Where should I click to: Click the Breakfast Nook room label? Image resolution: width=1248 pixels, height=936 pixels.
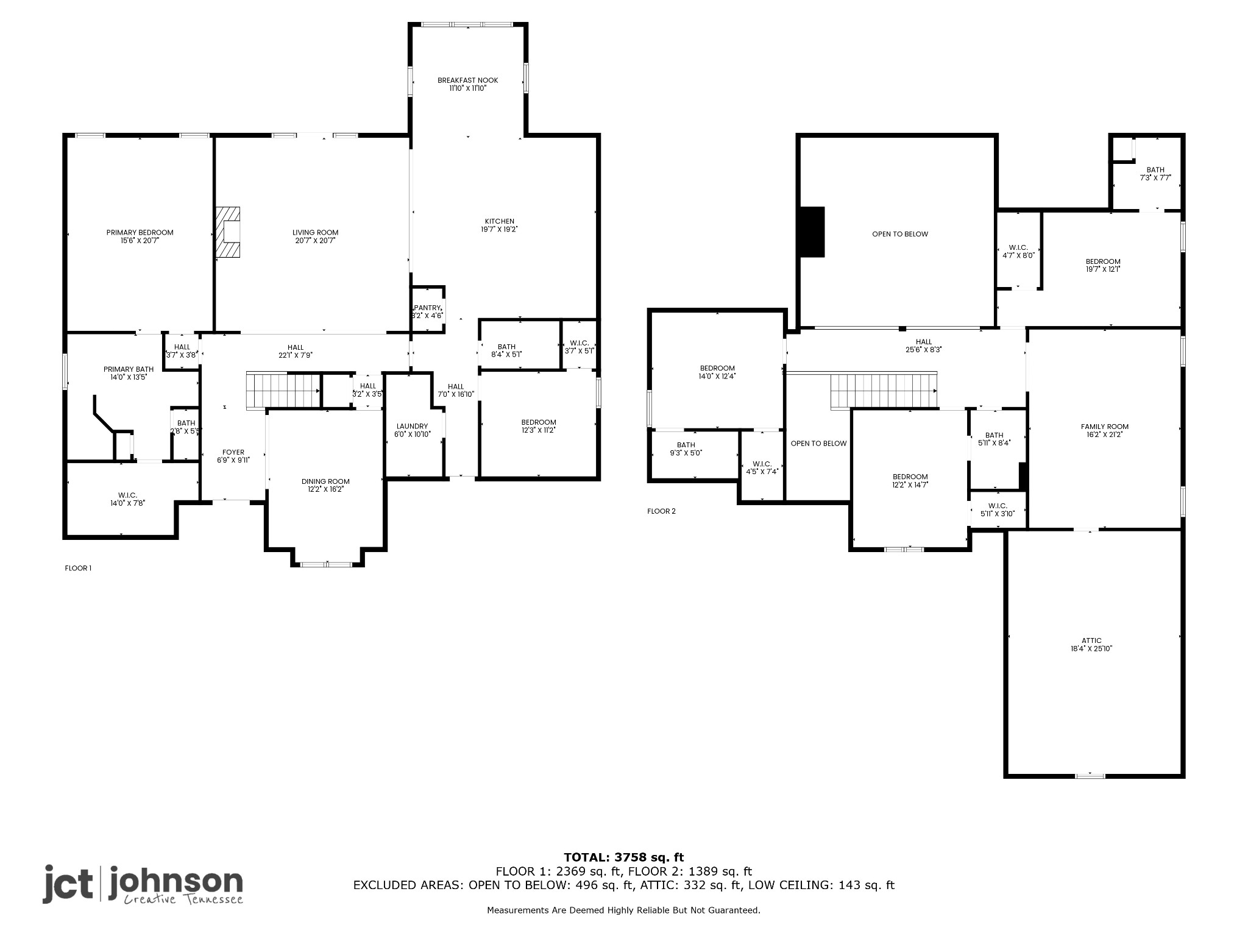[x=467, y=80]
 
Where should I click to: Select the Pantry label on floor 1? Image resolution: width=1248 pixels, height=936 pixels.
[x=427, y=308]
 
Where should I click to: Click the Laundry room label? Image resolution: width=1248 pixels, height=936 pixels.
[x=412, y=426]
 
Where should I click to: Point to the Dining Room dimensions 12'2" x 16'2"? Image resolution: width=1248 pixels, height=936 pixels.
[x=325, y=489]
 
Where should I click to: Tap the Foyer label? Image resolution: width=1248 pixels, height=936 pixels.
[x=233, y=452]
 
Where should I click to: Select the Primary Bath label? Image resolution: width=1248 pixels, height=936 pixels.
[x=129, y=369]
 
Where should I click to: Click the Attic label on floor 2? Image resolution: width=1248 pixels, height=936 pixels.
[x=1091, y=640]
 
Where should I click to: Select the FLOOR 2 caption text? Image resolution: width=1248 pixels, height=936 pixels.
[x=661, y=511]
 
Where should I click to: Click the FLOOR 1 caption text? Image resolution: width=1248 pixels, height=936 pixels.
[x=78, y=569]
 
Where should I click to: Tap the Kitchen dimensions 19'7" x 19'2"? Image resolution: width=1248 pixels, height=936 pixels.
[x=499, y=230]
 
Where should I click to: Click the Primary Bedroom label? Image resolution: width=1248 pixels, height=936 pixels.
[x=140, y=232]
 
